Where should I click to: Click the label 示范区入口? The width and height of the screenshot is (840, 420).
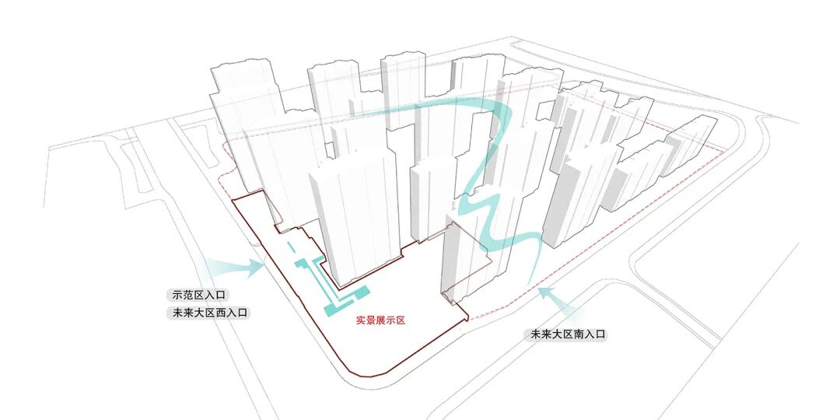[x=194, y=296]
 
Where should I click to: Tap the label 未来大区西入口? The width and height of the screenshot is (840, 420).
[x=206, y=313]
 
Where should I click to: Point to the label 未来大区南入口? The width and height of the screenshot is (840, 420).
[x=567, y=334]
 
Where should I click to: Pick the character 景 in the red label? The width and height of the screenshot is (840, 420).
[x=372, y=320]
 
